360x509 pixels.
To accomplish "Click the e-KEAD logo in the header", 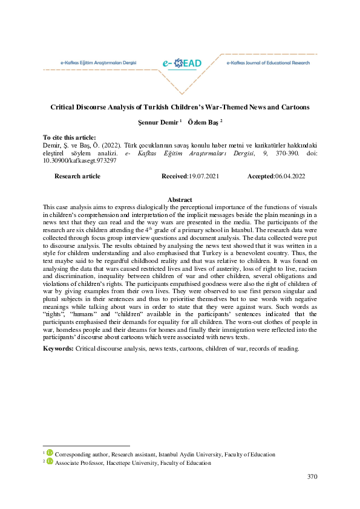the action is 182,63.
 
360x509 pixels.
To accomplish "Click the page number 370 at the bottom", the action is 312,477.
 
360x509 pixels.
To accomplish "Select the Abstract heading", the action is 180,199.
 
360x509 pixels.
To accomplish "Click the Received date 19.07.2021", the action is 203,176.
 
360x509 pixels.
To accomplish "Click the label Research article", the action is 77,176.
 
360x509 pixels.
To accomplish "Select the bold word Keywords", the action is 58,349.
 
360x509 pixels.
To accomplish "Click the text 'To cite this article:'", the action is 70,138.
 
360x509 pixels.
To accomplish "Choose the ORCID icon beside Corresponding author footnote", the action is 50,454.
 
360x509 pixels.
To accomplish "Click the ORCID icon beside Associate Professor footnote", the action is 50,462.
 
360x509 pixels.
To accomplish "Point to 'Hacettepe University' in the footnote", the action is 137,463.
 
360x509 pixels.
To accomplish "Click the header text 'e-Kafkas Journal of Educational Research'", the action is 267,63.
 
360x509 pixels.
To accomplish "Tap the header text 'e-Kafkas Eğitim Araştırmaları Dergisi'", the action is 99,63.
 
